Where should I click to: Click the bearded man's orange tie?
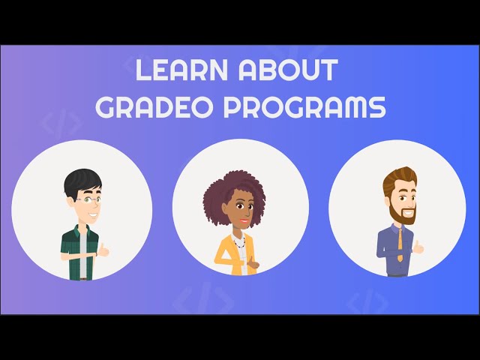coord(400,243)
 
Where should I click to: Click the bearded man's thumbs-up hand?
coord(418,247)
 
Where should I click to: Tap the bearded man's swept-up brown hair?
coord(399,178)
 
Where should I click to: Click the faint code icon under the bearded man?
coord(368,302)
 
